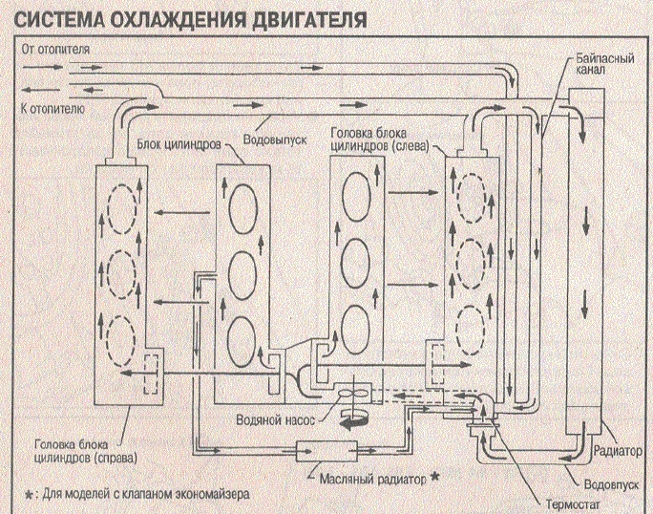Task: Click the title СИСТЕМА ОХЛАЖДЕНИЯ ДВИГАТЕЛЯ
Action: click(x=190, y=20)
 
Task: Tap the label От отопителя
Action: click(x=55, y=49)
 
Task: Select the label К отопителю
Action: click(x=53, y=109)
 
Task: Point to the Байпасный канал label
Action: click(x=605, y=64)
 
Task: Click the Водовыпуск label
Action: click(x=275, y=139)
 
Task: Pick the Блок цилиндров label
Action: click(x=179, y=144)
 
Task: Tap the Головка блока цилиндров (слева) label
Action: click(x=379, y=139)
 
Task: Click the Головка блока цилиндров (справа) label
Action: click(x=86, y=451)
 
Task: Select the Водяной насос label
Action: click(x=275, y=419)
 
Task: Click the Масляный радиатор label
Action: click(x=372, y=479)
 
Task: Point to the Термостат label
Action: click(x=574, y=504)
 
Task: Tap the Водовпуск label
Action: click(x=611, y=484)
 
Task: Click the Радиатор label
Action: click(x=618, y=451)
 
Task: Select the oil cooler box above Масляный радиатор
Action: click(x=326, y=451)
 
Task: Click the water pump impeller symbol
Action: click(x=352, y=394)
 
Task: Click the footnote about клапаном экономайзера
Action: click(x=137, y=494)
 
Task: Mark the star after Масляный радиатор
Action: click(x=434, y=476)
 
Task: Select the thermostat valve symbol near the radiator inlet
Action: click(x=482, y=424)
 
